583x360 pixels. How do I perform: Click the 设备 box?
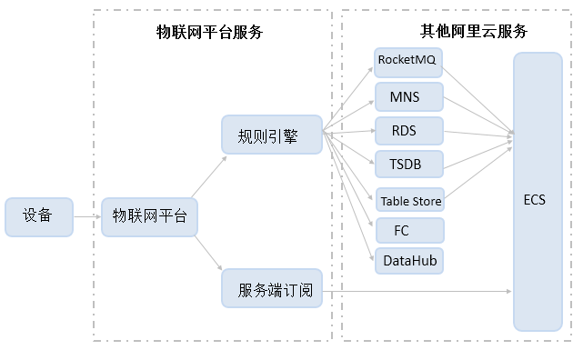[x=38, y=217]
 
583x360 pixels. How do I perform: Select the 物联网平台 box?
[x=149, y=217]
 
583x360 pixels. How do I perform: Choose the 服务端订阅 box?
[x=272, y=290]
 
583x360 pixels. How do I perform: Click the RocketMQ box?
[x=408, y=62]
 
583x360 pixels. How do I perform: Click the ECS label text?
[x=535, y=199]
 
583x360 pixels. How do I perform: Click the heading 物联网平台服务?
[x=209, y=32]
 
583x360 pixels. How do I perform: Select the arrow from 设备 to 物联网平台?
[x=86, y=217]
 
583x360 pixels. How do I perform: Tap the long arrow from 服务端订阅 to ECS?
[x=418, y=291]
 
